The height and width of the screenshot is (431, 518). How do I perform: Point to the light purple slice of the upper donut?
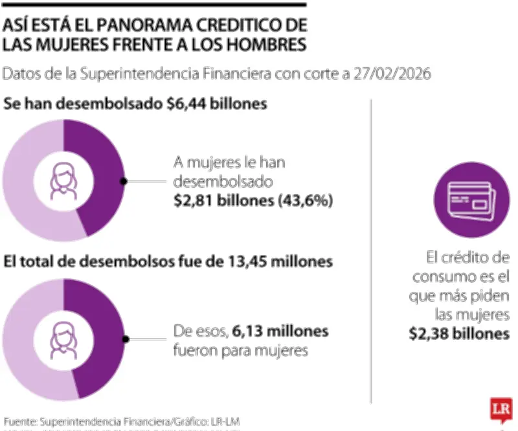[26, 188]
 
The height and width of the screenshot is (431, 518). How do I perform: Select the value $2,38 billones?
[458, 334]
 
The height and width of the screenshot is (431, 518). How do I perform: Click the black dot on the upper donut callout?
[124, 182]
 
